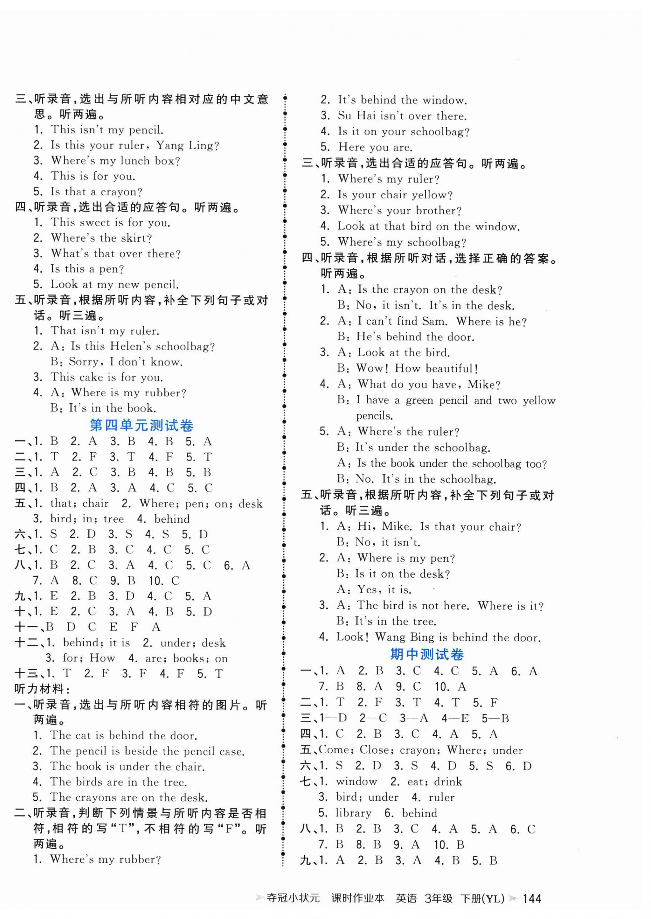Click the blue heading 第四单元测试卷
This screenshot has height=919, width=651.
(x=142, y=426)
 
